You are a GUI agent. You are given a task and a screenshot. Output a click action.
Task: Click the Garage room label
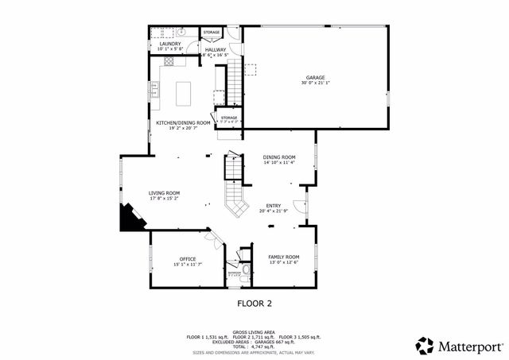[x=316, y=78]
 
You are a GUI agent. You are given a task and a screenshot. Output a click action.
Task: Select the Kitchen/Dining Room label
[x=183, y=123]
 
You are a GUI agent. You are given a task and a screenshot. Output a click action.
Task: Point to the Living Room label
[x=164, y=193]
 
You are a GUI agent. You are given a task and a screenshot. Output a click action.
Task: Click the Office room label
[x=188, y=258]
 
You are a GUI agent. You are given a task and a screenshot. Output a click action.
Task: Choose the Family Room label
[x=283, y=257]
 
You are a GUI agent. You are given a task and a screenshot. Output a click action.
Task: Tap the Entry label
[x=274, y=205]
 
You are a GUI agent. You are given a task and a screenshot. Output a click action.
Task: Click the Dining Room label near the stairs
[x=279, y=157]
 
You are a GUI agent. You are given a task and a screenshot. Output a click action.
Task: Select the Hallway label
[x=216, y=50]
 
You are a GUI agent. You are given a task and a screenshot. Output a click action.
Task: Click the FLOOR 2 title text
[x=254, y=303]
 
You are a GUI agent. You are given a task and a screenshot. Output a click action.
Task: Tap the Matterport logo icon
[x=425, y=346]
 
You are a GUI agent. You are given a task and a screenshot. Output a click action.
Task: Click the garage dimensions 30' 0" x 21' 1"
[x=316, y=83]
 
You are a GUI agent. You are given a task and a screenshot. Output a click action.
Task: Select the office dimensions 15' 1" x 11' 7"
[x=188, y=264]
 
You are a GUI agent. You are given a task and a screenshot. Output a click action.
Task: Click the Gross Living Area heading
[x=254, y=332]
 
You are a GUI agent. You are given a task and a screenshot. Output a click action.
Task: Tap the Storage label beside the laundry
[x=211, y=33]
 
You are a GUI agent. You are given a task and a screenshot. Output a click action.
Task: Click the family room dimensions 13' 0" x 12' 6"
[x=283, y=262]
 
